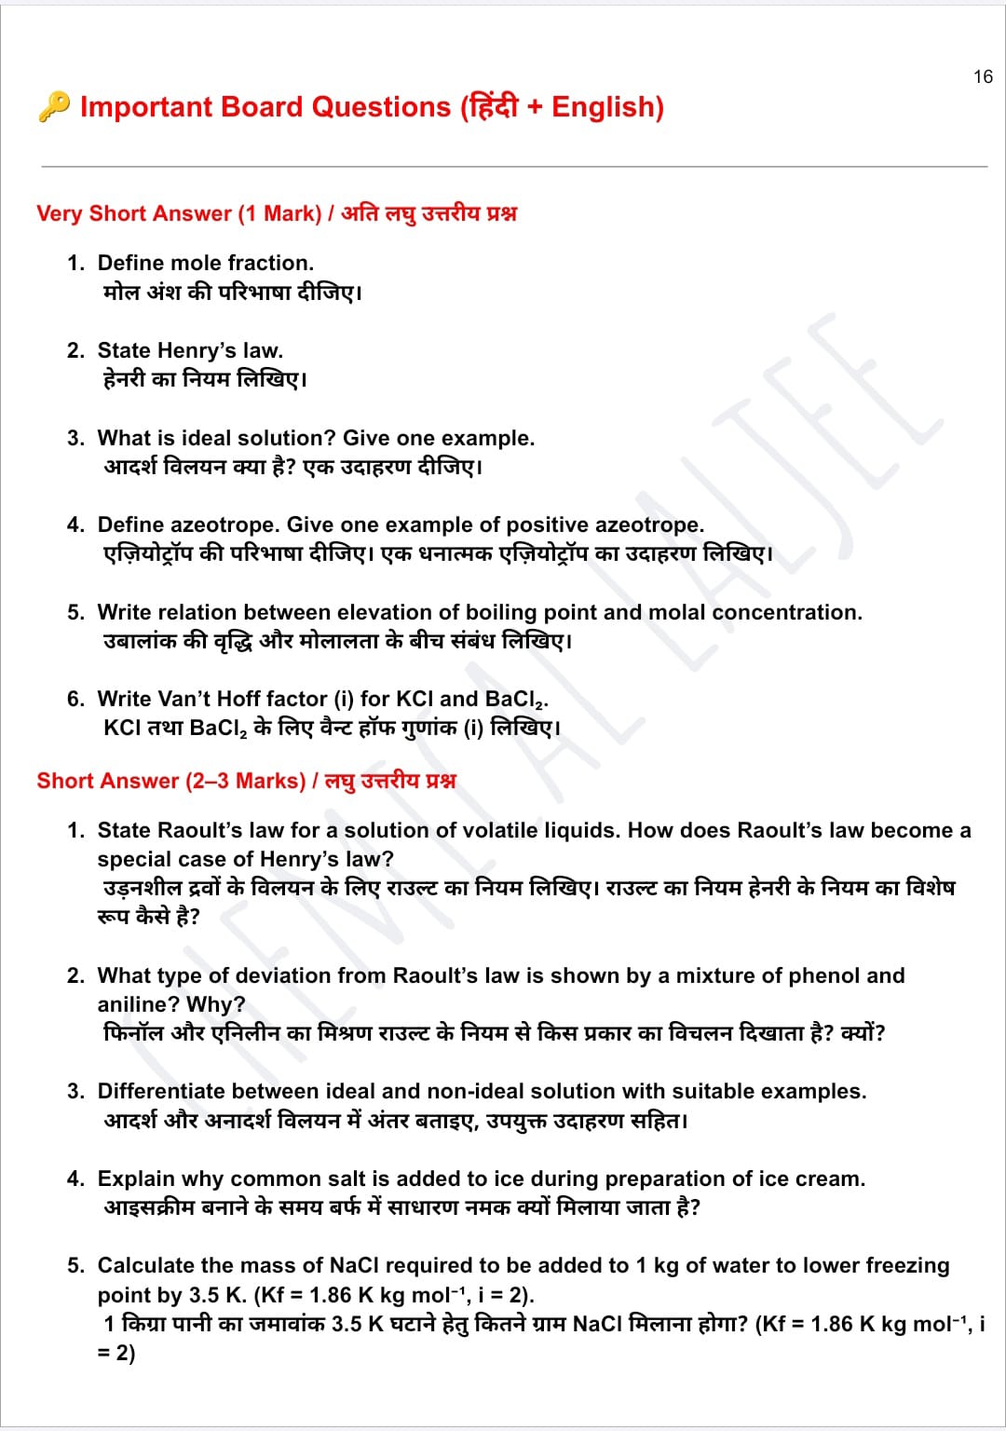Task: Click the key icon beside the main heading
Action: (x=54, y=106)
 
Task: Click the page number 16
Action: (x=983, y=76)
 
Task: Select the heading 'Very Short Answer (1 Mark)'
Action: (x=179, y=213)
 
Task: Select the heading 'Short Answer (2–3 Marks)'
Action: (x=170, y=781)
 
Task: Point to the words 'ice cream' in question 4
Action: (x=809, y=1179)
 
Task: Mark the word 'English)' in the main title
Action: (x=607, y=107)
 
